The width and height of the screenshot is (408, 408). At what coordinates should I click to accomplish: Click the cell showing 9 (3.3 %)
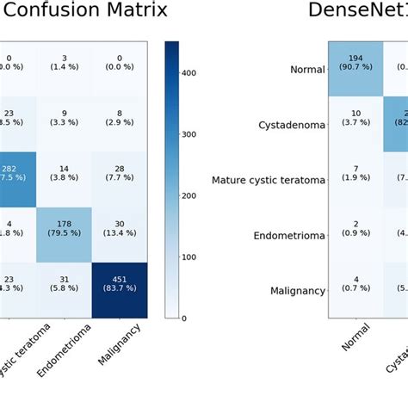tap(65, 124)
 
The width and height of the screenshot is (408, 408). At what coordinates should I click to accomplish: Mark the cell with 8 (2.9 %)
tap(121, 124)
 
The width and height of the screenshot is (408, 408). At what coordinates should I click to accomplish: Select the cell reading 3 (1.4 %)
tap(65, 69)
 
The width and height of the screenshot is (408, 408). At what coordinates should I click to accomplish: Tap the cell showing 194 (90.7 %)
tap(355, 69)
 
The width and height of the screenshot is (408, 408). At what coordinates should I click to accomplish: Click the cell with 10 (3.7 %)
tap(355, 124)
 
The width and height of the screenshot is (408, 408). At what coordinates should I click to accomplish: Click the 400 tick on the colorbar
tap(182, 74)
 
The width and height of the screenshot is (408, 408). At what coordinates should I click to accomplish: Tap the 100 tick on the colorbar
tap(182, 257)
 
